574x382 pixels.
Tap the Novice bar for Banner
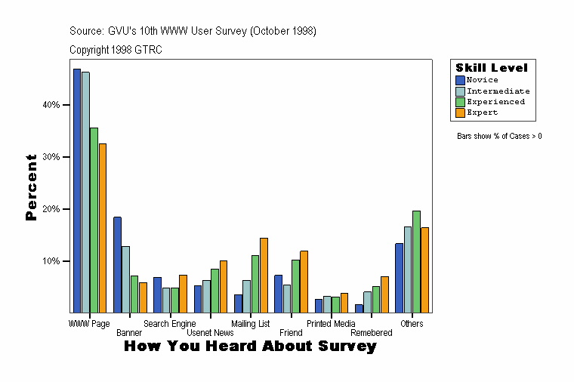pyautogui.click(x=117, y=265)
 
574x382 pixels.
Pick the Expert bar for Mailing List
pyautogui.click(x=264, y=275)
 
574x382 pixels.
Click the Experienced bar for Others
pyautogui.click(x=416, y=261)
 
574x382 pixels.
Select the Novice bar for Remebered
pyautogui.click(x=359, y=308)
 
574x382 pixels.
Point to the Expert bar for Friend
pyautogui.click(x=304, y=282)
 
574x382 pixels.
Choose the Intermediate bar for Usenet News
pyautogui.click(x=206, y=296)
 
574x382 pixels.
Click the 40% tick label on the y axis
pyautogui.click(x=51, y=105)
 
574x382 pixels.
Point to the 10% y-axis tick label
pyautogui.click(x=51, y=261)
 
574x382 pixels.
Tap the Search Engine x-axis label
pyautogui.click(x=169, y=324)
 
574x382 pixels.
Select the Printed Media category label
pyautogui.click(x=331, y=324)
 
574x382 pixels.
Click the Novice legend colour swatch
pyautogui.click(x=460, y=80)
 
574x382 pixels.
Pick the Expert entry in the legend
pyautogui.click(x=482, y=112)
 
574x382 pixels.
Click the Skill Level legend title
pyautogui.click(x=491, y=68)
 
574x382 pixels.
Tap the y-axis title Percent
pyautogui.click(x=31, y=186)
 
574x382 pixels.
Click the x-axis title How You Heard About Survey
pyautogui.click(x=250, y=347)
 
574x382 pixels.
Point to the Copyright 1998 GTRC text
pyautogui.click(x=116, y=50)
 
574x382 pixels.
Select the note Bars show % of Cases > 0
pyautogui.click(x=499, y=137)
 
